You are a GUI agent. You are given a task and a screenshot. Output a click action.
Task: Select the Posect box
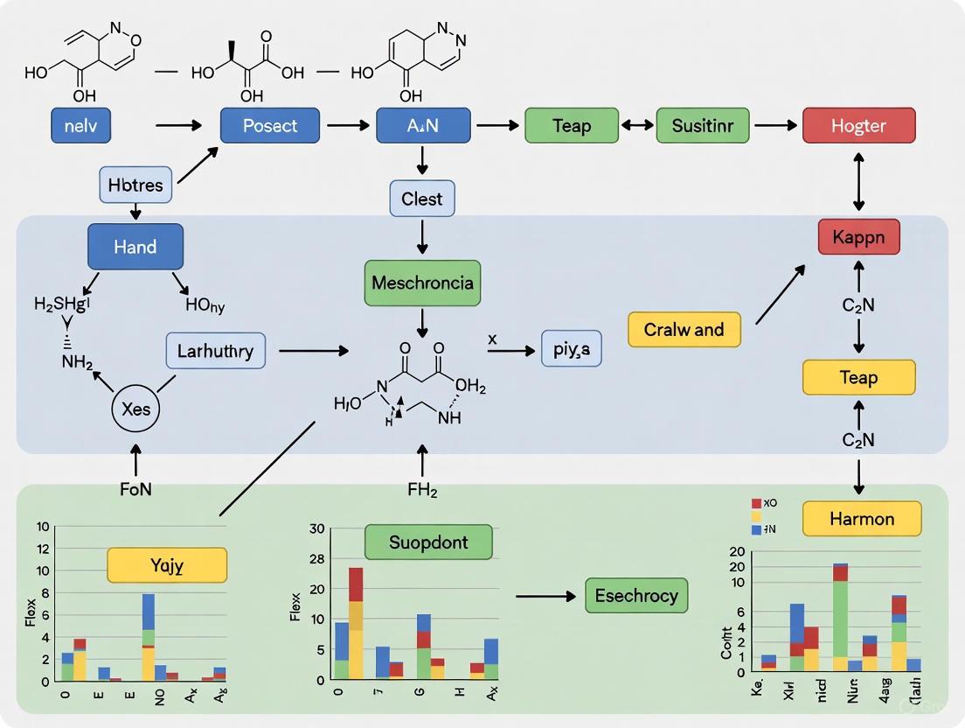point(270,126)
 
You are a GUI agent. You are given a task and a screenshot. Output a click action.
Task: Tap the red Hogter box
point(858,126)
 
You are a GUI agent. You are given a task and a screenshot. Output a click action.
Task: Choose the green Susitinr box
point(703,126)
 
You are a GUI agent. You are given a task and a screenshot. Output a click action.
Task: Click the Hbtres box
point(135,185)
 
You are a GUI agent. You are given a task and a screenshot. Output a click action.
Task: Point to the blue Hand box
point(135,247)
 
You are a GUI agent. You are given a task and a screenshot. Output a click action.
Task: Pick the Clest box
point(422,199)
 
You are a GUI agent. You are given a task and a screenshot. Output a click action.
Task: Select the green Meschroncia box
point(422,283)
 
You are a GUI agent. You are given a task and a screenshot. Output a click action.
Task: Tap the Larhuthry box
point(215,351)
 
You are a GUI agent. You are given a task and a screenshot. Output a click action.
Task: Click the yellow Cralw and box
point(684,330)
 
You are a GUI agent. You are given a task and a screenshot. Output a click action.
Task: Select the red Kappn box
point(858,237)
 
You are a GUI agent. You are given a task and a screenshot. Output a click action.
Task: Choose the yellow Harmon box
point(861,519)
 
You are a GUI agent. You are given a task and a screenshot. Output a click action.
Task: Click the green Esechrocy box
point(636,596)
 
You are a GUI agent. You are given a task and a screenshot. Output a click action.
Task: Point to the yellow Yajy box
point(167,565)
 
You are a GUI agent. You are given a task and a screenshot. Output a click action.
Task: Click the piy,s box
point(572,348)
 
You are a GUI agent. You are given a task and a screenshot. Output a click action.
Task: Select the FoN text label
point(135,490)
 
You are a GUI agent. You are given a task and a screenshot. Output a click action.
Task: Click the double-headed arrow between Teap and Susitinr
point(637,126)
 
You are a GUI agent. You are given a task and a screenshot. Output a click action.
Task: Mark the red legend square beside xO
point(757,503)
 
